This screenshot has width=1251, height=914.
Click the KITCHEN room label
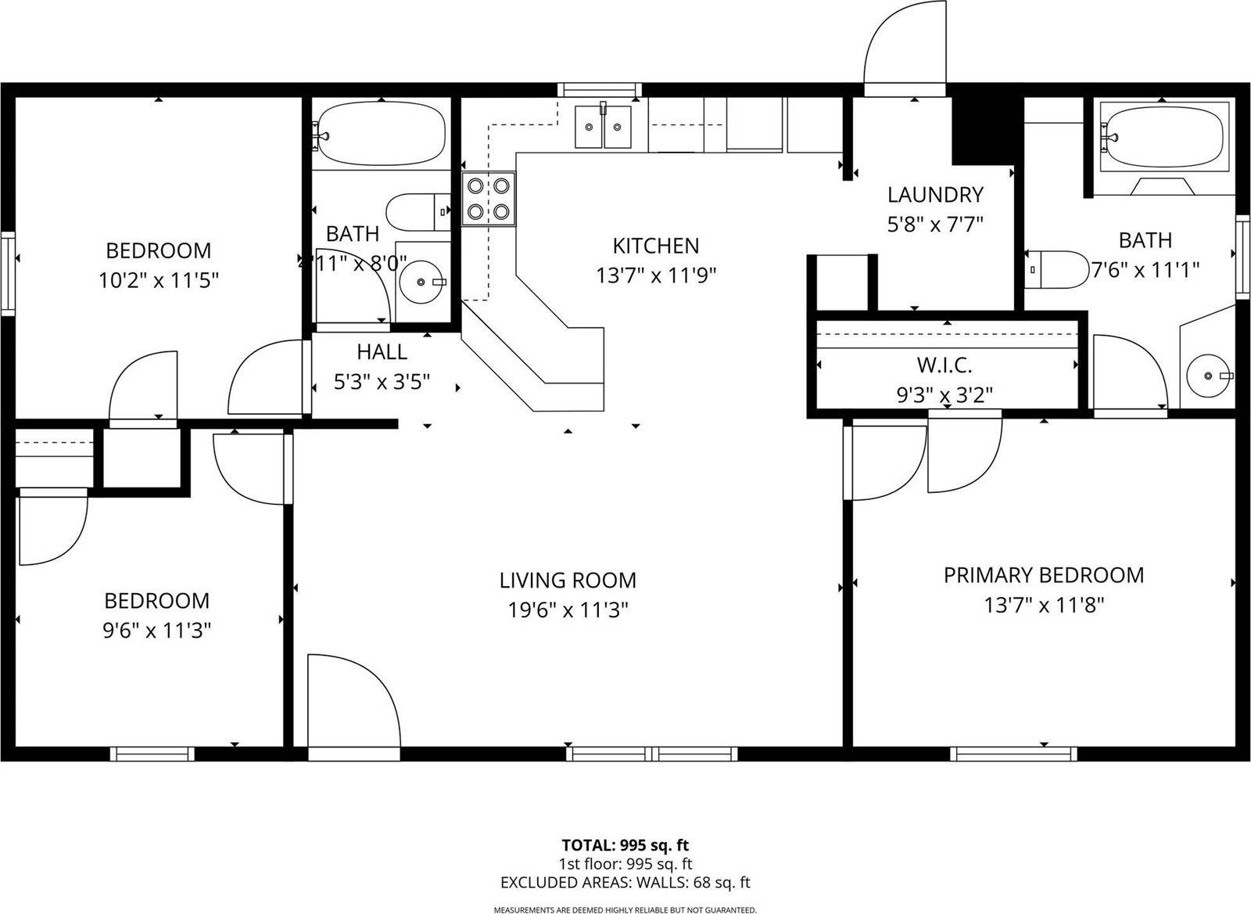tap(655, 246)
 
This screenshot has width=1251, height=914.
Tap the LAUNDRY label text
tap(935, 194)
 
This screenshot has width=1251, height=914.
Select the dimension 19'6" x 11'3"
tap(568, 610)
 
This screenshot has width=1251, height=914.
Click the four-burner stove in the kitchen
tap(489, 199)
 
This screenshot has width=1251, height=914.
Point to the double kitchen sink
tap(603, 126)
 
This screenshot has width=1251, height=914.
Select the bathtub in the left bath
tap(381, 135)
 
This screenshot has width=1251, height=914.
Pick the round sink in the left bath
tap(422, 281)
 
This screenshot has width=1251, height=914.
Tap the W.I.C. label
tap(945, 365)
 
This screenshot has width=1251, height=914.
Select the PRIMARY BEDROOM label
tap(1043, 575)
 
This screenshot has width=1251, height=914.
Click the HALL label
tap(382, 351)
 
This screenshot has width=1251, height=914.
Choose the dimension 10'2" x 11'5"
tap(158, 280)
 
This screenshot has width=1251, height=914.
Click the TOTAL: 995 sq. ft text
tap(625, 845)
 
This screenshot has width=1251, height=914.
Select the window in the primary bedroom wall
tap(1013, 754)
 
